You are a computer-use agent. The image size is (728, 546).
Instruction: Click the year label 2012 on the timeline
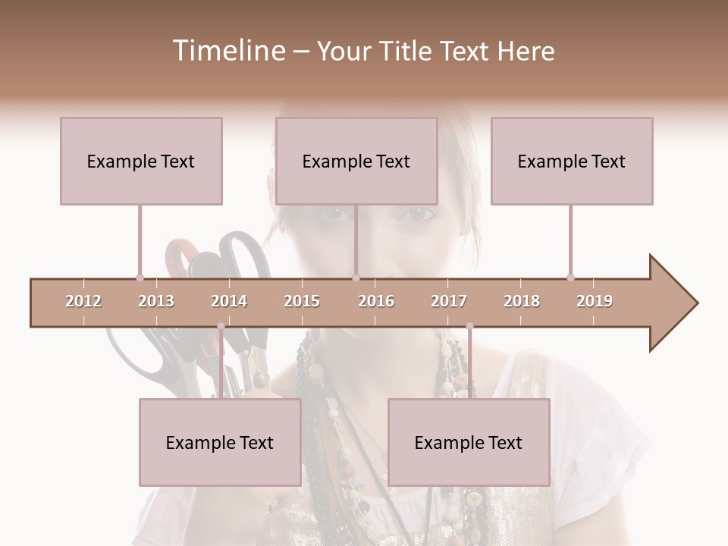tap(83, 301)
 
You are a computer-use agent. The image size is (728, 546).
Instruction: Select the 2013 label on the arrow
tap(156, 301)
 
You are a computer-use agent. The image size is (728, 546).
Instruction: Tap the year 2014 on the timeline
tap(229, 301)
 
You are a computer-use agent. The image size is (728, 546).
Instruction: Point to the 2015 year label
tap(302, 301)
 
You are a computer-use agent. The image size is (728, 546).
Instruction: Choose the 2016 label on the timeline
tap(376, 301)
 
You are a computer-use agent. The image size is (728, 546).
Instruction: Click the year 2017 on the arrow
tap(449, 301)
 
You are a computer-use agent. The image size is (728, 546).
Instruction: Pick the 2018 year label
tap(522, 301)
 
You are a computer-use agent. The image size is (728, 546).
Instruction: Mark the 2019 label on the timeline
tap(595, 301)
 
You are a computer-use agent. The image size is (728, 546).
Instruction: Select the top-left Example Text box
tap(141, 161)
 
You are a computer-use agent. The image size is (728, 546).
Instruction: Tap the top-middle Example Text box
tap(356, 161)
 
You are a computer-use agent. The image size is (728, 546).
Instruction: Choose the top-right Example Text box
tap(572, 161)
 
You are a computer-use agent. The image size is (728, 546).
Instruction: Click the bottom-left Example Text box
tap(220, 442)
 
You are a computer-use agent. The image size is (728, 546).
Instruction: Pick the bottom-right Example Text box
tap(469, 442)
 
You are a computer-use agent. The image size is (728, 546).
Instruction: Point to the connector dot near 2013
tap(140, 278)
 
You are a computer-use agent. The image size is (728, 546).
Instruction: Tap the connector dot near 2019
tap(570, 278)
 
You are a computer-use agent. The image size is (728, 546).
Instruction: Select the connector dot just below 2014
tap(221, 326)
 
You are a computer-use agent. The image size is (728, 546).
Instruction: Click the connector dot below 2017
tap(469, 326)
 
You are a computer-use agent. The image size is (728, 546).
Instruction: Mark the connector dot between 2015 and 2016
tap(356, 278)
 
